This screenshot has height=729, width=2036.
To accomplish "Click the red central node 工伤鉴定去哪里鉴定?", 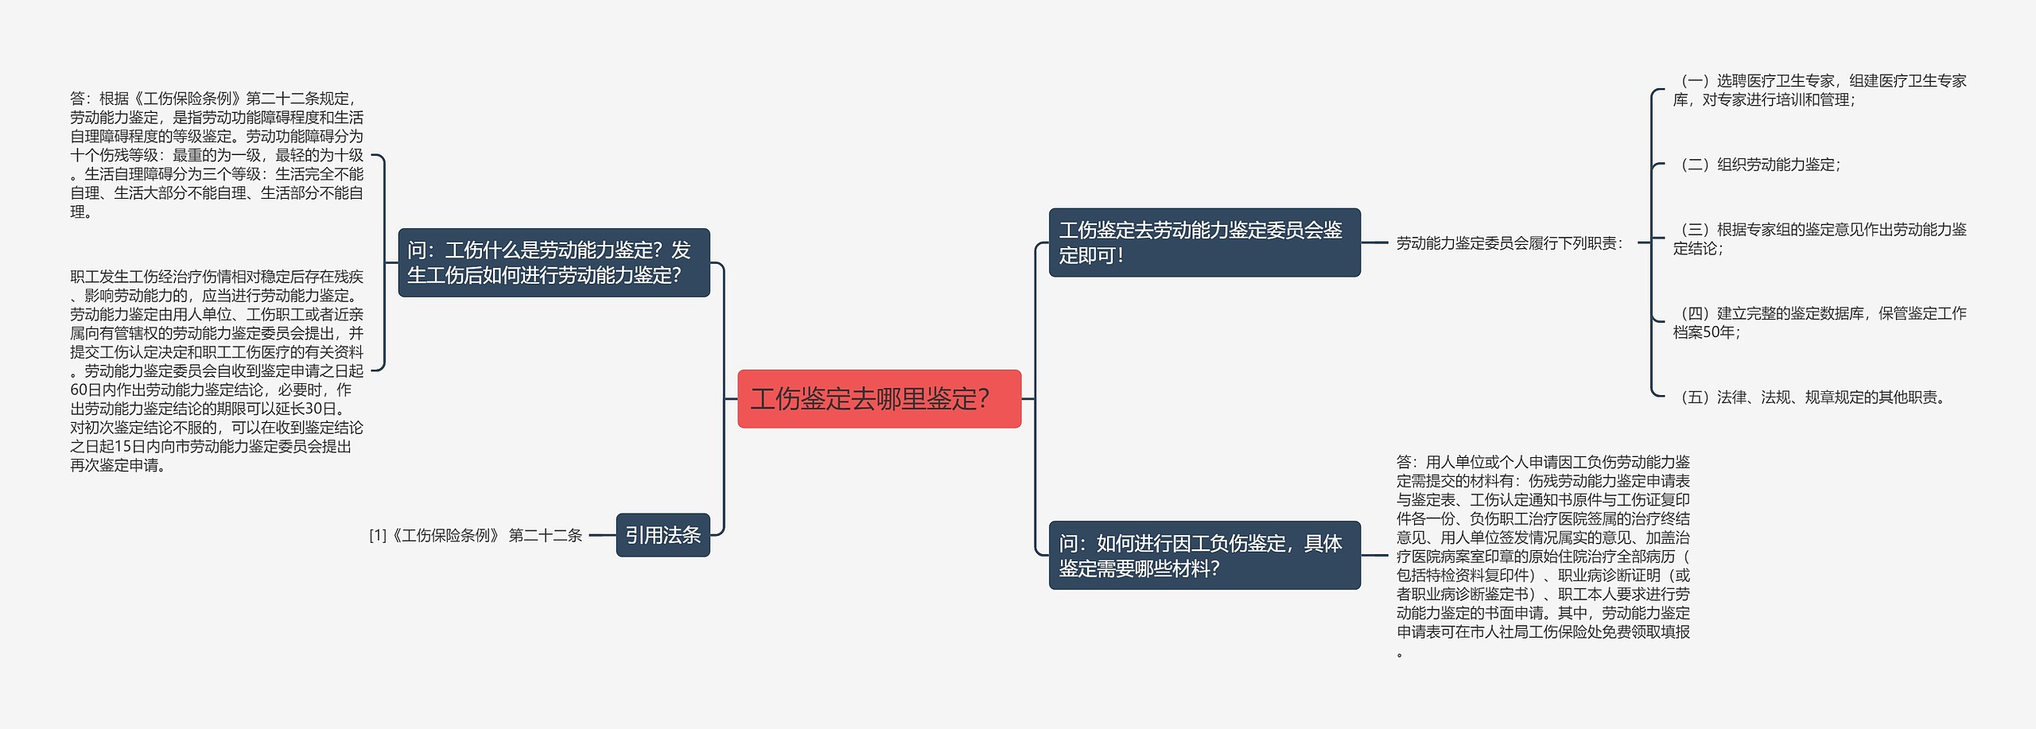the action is [879, 398].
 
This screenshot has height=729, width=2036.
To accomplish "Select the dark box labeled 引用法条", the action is [662, 535].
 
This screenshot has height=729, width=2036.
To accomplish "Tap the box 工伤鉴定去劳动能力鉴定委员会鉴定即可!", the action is [1204, 242].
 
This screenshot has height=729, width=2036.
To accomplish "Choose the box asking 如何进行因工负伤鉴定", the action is [1204, 555].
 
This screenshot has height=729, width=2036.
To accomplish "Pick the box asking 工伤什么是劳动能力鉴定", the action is [554, 262].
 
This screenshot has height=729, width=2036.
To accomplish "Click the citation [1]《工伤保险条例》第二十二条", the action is [476, 536].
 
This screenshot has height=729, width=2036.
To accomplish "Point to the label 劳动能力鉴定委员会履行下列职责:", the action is [1509, 243].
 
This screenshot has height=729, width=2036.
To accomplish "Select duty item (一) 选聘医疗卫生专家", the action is [1819, 90].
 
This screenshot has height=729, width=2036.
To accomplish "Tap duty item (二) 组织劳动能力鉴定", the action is [1760, 165].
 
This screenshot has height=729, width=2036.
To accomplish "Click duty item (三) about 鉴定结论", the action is [1819, 238].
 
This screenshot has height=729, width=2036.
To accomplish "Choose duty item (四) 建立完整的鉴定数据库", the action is [1819, 322].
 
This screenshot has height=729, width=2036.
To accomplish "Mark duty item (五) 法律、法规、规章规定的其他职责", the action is [1813, 397].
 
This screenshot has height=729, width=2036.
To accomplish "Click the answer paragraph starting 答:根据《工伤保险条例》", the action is [216, 155].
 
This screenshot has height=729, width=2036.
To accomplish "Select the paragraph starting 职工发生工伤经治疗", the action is [216, 370].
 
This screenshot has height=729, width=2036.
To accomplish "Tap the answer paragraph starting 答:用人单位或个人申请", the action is [1543, 556].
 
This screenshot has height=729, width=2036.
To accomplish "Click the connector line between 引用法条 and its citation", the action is [602, 535].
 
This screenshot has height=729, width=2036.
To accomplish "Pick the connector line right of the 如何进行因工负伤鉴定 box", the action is [1374, 555].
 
